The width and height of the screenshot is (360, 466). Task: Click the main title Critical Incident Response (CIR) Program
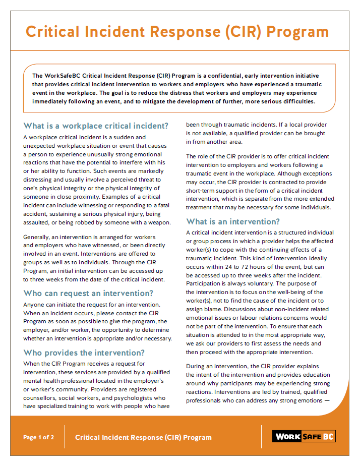point(177,31)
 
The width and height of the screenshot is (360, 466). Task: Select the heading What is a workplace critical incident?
point(96,126)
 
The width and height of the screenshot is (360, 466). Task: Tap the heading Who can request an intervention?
point(89,293)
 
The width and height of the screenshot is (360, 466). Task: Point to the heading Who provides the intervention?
point(84,353)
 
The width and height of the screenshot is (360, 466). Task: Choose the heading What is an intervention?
point(233,221)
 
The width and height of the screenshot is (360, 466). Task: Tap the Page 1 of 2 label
point(38,437)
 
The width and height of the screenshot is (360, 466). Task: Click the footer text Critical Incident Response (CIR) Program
point(143,437)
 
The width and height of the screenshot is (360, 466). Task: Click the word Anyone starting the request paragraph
point(35,305)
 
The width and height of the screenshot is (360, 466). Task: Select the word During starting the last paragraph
point(196,366)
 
